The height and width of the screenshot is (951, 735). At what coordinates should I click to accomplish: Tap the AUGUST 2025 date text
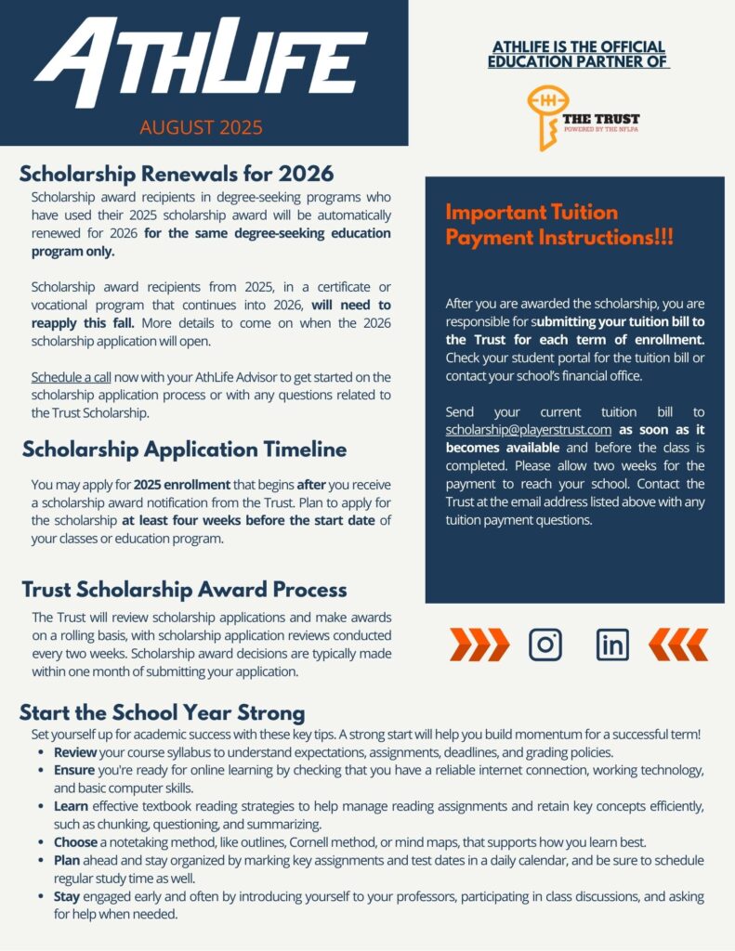tap(202, 127)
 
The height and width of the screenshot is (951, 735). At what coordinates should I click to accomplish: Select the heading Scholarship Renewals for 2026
tap(177, 174)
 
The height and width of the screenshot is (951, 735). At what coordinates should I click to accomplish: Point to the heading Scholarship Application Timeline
tap(184, 449)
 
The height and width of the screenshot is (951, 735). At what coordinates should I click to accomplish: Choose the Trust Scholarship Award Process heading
tap(184, 590)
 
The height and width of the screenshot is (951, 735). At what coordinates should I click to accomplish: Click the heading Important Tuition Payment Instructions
tap(559, 225)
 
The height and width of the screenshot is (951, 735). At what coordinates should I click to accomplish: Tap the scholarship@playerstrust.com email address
tap(528, 430)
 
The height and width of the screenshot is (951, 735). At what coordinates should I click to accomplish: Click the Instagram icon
tap(545, 645)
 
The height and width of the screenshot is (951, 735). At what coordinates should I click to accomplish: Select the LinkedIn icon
tap(611, 645)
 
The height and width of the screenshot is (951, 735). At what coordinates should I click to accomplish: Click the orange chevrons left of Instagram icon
tap(479, 645)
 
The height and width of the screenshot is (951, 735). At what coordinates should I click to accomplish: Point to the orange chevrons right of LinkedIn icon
tap(677, 645)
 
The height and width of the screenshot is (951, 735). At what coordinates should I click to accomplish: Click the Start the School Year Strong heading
tap(162, 713)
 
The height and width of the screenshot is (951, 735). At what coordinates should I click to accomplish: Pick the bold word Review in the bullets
tap(74, 752)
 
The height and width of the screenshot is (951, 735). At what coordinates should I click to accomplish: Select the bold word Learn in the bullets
tap(72, 807)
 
